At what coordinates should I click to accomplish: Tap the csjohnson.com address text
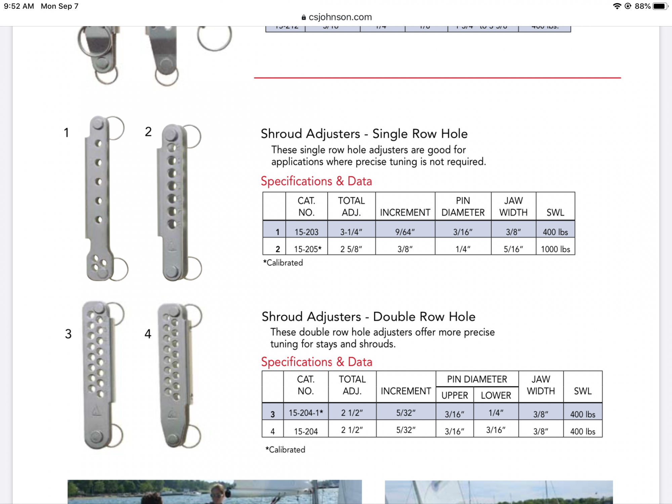(x=340, y=17)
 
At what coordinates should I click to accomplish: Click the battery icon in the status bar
(x=660, y=6)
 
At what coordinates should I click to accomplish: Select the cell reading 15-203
(x=306, y=232)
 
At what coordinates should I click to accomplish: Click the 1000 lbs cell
(x=555, y=249)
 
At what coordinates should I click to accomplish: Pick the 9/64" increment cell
(x=405, y=232)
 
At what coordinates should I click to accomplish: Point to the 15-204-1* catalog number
(x=306, y=413)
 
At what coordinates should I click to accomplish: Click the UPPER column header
(x=455, y=395)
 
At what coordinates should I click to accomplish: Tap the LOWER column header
(x=496, y=395)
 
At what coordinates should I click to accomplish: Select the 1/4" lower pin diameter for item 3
(x=496, y=413)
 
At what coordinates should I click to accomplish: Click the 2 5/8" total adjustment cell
(x=351, y=249)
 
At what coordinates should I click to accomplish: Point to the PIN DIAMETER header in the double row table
(x=477, y=379)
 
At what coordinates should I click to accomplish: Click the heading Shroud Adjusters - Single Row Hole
(x=364, y=134)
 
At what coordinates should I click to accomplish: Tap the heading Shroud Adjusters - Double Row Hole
(x=369, y=317)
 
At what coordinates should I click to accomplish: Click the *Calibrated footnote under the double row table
(x=285, y=450)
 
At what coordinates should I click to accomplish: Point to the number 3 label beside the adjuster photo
(x=68, y=334)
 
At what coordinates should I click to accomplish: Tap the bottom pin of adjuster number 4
(x=173, y=438)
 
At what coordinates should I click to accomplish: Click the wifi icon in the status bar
(x=617, y=6)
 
